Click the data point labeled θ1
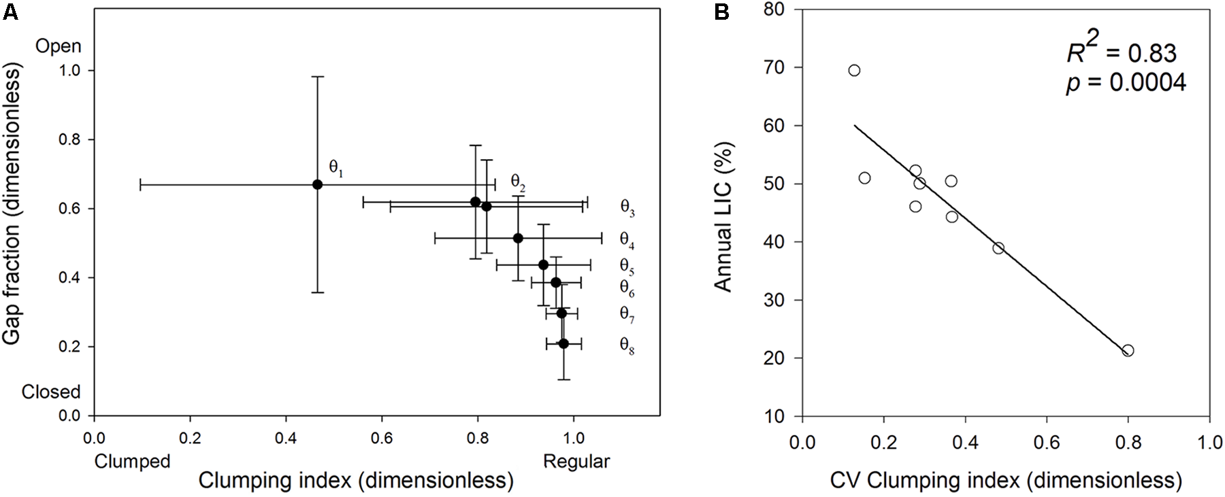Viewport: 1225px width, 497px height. (317, 184)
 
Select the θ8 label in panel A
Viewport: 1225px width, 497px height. (627, 345)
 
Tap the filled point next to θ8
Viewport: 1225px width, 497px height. (563, 343)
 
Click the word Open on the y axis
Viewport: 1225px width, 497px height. (59, 46)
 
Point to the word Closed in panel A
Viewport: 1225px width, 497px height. (51, 392)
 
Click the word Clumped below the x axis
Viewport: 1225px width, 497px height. (132, 462)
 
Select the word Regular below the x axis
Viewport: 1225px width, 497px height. (576, 462)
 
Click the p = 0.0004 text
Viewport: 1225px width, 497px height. (1126, 82)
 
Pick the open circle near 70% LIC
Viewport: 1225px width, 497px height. (854, 71)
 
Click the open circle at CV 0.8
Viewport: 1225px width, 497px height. (1128, 351)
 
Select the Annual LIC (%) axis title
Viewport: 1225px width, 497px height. (725, 211)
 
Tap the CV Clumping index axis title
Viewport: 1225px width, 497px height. (1005, 481)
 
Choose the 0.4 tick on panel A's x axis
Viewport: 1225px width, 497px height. (286, 436)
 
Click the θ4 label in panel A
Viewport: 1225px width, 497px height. (627, 239)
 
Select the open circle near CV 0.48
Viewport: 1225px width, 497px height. (998, 248)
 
